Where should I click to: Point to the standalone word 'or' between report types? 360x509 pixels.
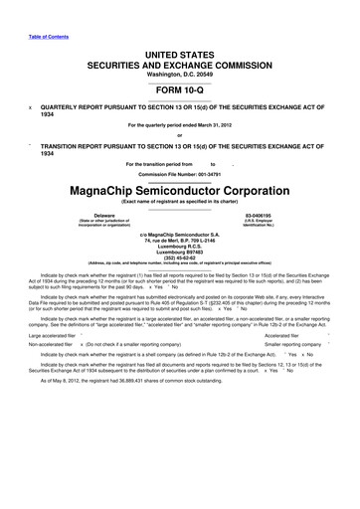(x=179, y=135)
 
